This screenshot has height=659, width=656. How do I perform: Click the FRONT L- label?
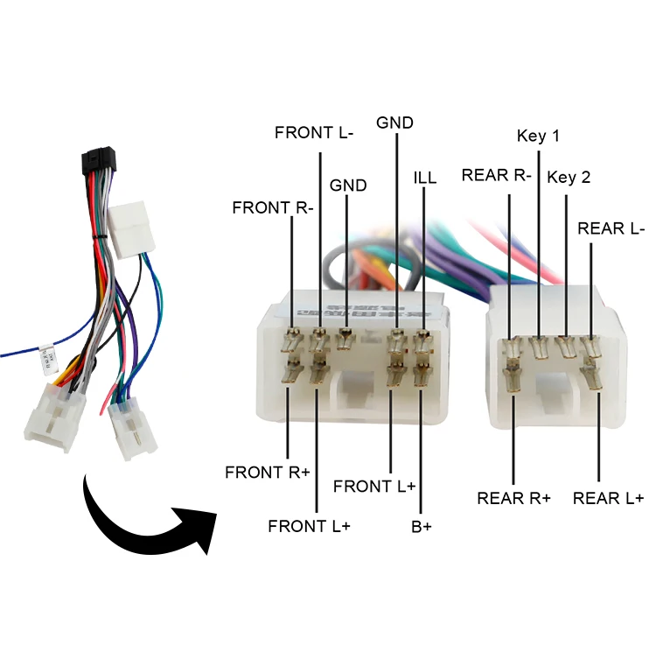pos(313,133)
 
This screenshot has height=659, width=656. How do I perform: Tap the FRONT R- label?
pos(272,207)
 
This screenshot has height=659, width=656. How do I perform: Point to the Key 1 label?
pos(538,136)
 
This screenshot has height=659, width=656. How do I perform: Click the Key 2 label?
pos(569,178)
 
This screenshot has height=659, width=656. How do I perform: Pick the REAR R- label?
pos(497,175)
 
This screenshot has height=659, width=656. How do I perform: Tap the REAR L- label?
pos(611,228)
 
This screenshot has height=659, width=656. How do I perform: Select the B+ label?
pos(422,527)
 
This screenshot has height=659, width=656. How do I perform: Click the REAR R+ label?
pos(513,498)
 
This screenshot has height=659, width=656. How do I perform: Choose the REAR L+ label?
pos(608,498)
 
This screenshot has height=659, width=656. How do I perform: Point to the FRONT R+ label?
pos(268,472)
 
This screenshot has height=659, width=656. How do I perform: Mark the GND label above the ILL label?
pos(394,123)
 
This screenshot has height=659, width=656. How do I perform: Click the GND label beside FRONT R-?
pos(348,186)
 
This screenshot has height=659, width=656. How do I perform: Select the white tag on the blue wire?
pos(48,356)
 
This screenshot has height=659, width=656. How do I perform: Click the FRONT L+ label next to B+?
pos(374,486)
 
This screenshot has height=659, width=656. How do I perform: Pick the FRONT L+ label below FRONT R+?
pos(309,526)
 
